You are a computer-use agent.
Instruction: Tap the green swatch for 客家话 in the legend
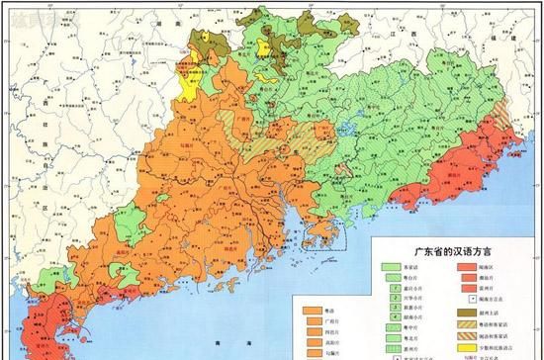(392, 267)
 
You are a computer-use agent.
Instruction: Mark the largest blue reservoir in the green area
(345, 129)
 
